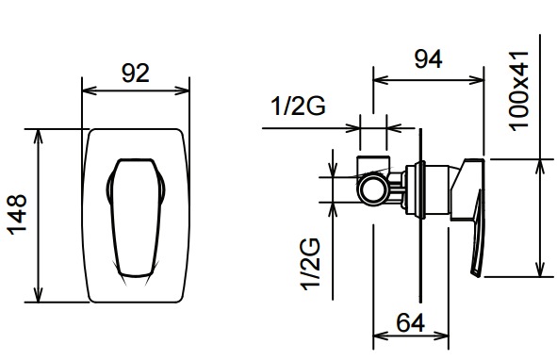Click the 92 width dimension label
(136, 73)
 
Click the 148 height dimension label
(17, 215)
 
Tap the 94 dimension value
(429, 59)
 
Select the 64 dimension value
(411, 322)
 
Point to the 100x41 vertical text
(519, 91)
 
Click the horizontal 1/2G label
(298, 106)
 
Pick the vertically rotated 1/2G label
(310, 264)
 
